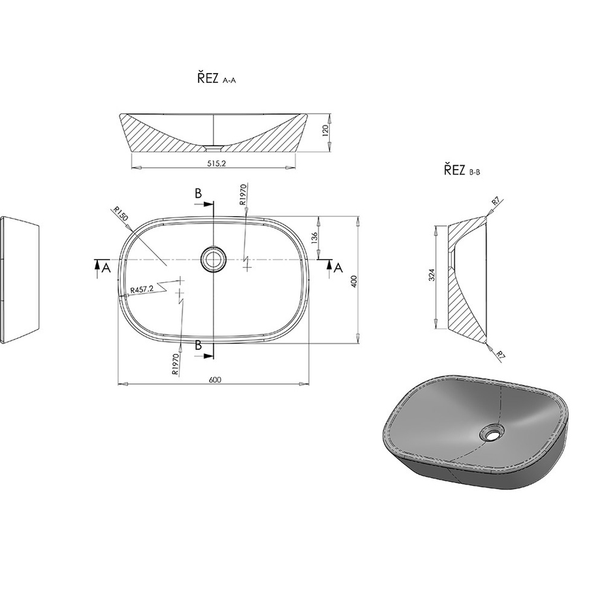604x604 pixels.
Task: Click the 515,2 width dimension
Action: (216, 163)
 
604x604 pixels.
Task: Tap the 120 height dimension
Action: (325, 131)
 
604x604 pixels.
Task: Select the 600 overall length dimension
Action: (215, 380)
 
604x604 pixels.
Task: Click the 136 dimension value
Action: (314, 238)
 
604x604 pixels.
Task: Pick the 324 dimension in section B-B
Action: (432, 275)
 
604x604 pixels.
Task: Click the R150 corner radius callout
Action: (120, 214)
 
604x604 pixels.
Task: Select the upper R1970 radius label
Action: (242, 195)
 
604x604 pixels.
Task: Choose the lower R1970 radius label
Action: (175, 365)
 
